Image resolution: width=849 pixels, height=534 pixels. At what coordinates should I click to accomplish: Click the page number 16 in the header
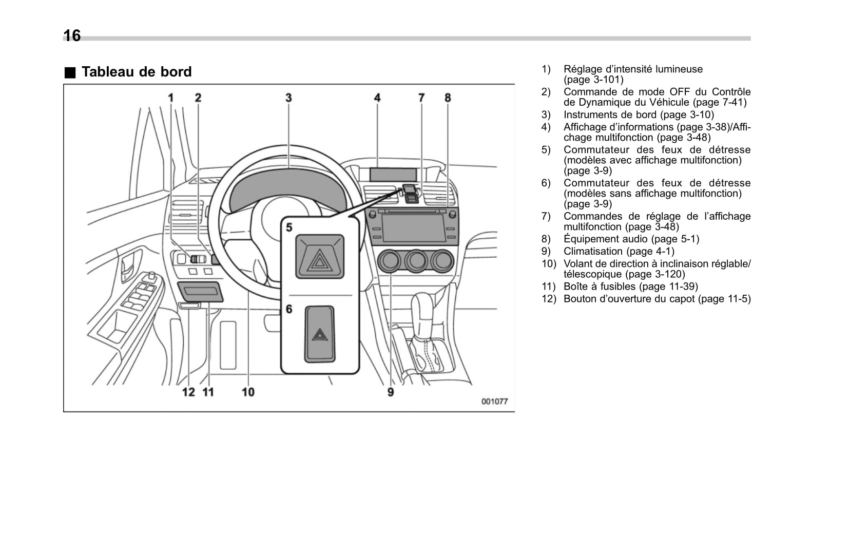72,35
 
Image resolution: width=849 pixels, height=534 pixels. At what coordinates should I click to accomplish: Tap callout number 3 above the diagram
288,98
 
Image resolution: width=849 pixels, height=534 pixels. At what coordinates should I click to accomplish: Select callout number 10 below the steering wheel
248,392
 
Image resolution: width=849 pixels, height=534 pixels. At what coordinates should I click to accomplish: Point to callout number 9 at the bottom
391,392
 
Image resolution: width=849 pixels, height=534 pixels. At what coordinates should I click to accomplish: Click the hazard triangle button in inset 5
320,257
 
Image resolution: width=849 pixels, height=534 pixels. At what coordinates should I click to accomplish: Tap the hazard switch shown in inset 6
320,334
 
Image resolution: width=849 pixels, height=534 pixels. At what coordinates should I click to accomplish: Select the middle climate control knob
416,261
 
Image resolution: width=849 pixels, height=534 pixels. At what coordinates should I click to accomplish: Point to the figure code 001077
494,402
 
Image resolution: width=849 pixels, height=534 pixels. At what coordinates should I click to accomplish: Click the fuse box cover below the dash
200,291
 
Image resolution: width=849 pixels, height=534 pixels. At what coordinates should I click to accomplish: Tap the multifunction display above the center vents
393,174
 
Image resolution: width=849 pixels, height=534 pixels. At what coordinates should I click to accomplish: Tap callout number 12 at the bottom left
188,392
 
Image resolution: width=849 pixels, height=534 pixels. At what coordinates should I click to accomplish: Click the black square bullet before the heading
69,72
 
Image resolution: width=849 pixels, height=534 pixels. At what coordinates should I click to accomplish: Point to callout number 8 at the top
448,98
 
